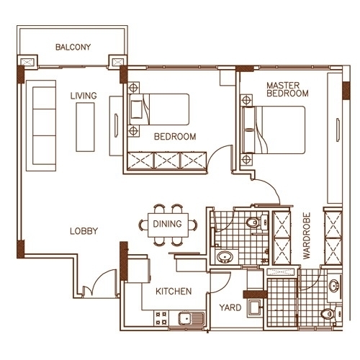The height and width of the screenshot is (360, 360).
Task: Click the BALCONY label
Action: pos(73,47)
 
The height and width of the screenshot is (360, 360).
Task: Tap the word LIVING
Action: pos(84,96)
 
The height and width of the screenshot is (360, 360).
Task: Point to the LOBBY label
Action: pos(84,231)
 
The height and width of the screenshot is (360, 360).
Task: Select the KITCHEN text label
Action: pos(174,292)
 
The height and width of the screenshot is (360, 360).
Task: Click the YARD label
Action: pos(230,307)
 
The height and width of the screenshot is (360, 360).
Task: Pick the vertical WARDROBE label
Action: pos(307,236)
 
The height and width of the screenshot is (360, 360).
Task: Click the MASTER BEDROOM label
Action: pos(287,89)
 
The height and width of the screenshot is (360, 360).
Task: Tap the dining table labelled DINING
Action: pos(168,225)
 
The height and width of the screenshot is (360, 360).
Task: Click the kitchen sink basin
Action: pos(184,318)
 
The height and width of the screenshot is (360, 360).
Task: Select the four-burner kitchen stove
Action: pos(161,318)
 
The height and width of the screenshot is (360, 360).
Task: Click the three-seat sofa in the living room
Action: pos(41,125)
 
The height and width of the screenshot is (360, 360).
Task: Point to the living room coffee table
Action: pos(85,127)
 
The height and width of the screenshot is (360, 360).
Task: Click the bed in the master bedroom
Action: pos(274,130)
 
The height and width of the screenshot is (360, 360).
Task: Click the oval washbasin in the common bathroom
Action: pos(225,257)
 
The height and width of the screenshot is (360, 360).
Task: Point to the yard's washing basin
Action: pos(254,307)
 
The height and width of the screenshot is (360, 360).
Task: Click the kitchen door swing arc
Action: pos(225,286)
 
